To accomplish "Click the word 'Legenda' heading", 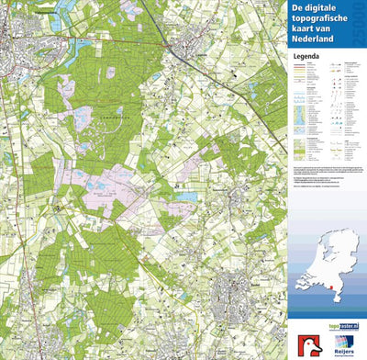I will point(306,55).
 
